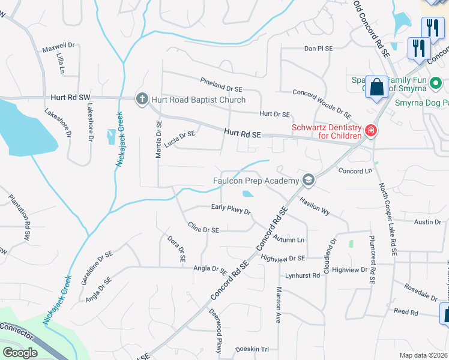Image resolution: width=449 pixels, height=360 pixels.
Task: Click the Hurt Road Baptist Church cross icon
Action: [x=142, y=99]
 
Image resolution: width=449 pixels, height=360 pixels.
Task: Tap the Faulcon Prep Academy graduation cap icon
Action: [x=309, y=180]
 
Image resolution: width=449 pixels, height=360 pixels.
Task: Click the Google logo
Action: [x=20, y=353]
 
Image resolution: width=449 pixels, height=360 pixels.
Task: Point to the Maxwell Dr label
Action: [x=58, y=45]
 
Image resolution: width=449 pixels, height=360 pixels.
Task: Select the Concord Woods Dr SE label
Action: [x=322, y=103]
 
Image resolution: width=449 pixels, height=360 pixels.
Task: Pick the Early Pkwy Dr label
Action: [x=231, y=208]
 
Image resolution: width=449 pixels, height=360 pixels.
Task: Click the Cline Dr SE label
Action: [x=203, y=229]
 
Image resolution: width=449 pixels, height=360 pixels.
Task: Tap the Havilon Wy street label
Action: [x=315, y=207]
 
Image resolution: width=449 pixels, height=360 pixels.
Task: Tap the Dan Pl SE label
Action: [x=319, y=48]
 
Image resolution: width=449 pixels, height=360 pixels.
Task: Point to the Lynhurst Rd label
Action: [x=304, y=275]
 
